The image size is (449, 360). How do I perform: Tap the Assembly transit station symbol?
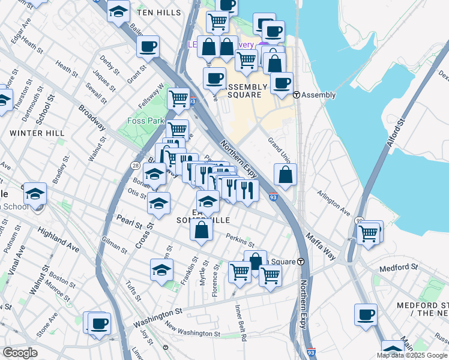296,95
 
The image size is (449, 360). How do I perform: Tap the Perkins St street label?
240,241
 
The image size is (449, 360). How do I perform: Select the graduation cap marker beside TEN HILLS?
118,10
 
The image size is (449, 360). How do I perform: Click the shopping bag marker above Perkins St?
202,229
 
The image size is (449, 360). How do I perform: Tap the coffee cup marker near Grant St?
148,46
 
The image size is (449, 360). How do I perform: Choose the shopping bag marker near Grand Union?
286,175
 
